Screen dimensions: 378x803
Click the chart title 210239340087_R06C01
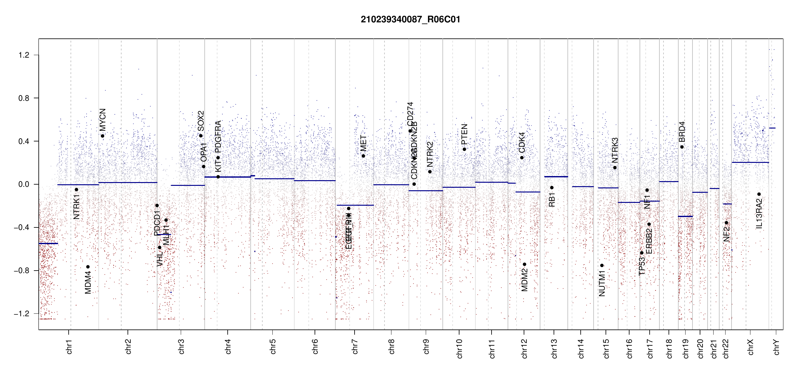[x=410, y=20]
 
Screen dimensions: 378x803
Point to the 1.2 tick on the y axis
[x=24, y=55]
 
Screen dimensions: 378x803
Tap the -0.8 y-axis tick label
[x=21, y=271]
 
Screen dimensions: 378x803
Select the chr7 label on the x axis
[x=355, y=346]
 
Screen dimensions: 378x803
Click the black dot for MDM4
[x=88, y=267]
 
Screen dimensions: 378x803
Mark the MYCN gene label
[x=103, y=119]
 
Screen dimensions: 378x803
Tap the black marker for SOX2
[x=201, y=136]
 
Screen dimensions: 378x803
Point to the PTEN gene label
[x=464, y=134]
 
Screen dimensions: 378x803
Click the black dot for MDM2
[x=525, y=264]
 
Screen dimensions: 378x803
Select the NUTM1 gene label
[x=602, y=285]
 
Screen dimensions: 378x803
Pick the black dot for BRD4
[x=682, y=147]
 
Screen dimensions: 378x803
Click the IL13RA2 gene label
[x=759, y=214]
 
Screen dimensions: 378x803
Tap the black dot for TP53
[x=642, y=253]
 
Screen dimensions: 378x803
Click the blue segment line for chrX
[x=750, y=163]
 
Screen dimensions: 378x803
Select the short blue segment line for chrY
[x=772, y=128]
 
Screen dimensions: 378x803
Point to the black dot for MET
[x=363, y=156]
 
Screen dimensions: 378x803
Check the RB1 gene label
[x=552, y=200]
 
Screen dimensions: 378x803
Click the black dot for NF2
[x=726, y=223]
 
